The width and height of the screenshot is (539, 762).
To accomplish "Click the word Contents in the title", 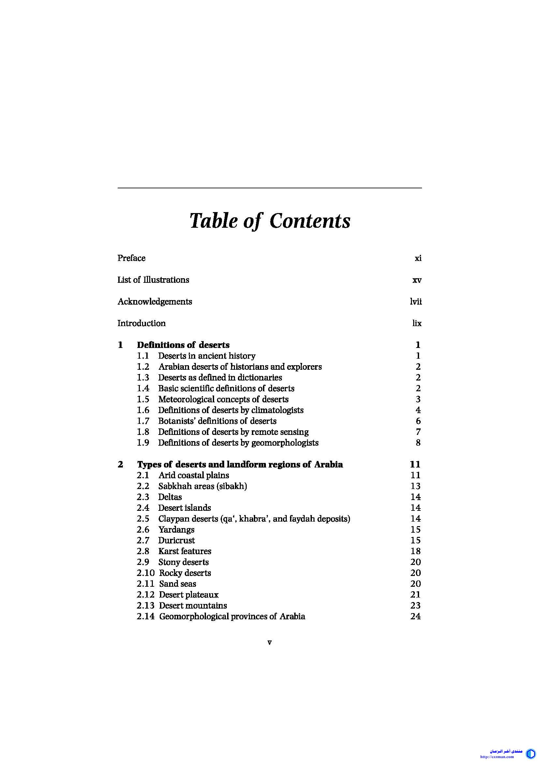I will [x=310, y=221].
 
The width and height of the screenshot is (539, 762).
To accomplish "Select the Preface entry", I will [x=131, y=258].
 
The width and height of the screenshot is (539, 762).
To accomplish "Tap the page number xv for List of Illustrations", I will [x=417, y=280].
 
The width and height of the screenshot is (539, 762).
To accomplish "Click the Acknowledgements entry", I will [x=155, y=302].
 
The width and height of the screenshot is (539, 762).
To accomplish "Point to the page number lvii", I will [x=416, y=302].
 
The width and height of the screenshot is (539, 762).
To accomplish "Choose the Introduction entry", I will [x=141, y=323].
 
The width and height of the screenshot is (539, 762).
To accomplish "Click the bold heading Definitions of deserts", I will [x=183, y=345].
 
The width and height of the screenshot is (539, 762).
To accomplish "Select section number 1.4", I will [x=143, y=388].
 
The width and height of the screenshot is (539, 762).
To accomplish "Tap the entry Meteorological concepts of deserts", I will [x=223, y=399].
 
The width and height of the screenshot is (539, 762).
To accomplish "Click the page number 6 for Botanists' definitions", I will [x=418, y=421].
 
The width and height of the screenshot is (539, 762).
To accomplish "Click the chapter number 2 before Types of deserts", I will [x=120, y=465].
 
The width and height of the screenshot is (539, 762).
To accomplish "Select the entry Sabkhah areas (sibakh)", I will [x=202, y=486].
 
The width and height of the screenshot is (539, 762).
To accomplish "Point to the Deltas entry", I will [x=170, y=497].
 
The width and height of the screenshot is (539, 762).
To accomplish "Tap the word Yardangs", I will [x=176, y=530].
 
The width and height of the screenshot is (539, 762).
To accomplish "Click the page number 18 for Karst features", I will [x=415, y=551].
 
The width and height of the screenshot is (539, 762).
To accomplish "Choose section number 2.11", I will [x=145, y=584].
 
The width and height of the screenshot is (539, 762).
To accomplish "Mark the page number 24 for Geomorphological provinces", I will [x=415, y=616].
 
